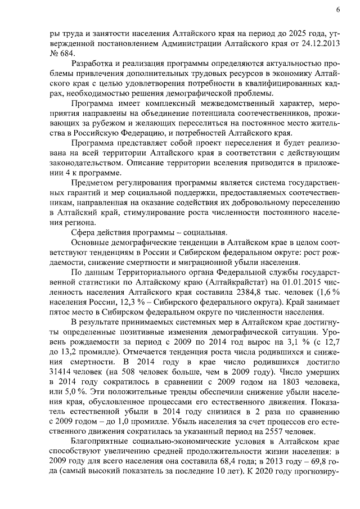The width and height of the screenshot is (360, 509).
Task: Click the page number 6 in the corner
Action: click(x=338, y=10)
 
